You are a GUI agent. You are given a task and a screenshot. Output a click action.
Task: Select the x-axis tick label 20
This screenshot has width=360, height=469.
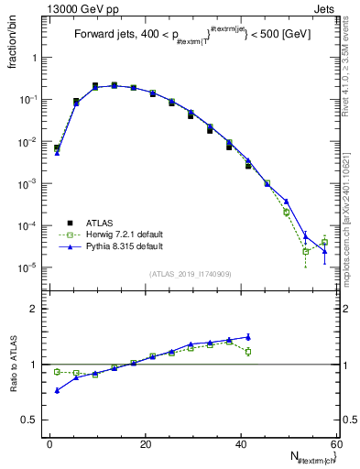(145, 444)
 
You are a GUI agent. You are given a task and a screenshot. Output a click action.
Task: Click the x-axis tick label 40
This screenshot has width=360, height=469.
(240, 444)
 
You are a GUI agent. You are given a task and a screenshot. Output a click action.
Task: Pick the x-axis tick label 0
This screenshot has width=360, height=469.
(49, 444)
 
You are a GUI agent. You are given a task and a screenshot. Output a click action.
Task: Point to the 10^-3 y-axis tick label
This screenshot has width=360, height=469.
(28, 184)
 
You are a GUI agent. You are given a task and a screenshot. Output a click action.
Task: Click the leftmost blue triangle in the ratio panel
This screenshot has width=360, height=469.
(57, 390)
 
